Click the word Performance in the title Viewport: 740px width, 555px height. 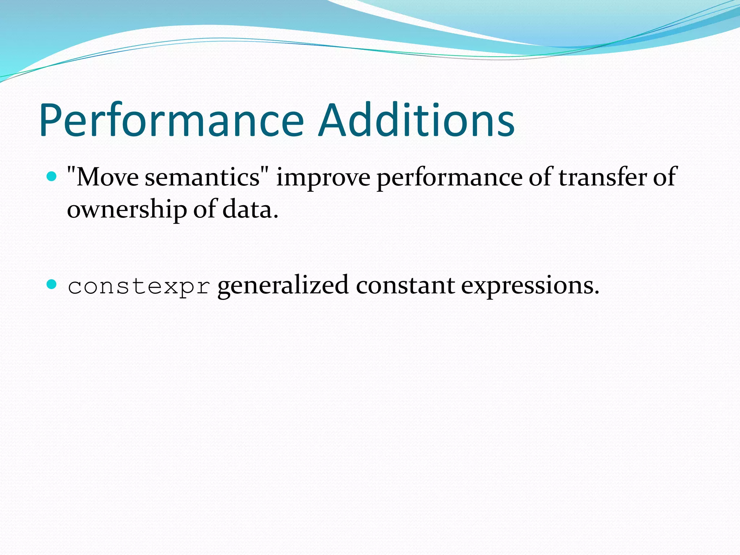[x=172, y=121]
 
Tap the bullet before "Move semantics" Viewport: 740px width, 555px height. [x=52, y=177]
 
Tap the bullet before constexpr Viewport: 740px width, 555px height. [x=52, y=284]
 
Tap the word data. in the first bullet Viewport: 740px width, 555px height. [x=250, y=209]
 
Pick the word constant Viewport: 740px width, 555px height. [x=405, y=285]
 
